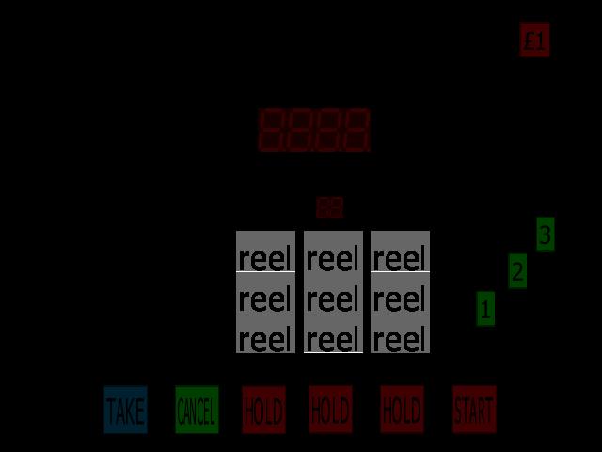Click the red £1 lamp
pyautogui.click(x=534, y=40)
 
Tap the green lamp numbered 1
pyautogui.click(x=485, y=308)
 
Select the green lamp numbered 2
pyautogui.click(x=517, y=271)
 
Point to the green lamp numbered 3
pyautogui.click(x=546, y=234)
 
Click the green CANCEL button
pyautogui.click(x=197, y=411)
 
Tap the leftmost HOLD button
pyautogui.click(x=263, y=411)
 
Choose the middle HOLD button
pyautogui.click(x=330, y=411)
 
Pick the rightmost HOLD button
pyautogui.click(x=402, y=411)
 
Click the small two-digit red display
pyautogui.click(x=330, y=208)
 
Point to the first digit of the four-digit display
pyautogui.click(x=274, y=130)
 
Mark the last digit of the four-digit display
pyautogui.click(x=356, y=130)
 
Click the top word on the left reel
pyautogui.click(x=265, y=258)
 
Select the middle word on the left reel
pyautogui.click(x=265, y=299)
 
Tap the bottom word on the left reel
pyautogui.click(x=265, y=339)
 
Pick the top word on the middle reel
pyautogui.click(x=333, y=258)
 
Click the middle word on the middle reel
pyautogui.click(x=333, y=299)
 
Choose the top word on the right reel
pyautogui.click(x=400, y=258)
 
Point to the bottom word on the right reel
pyautogui.click(x=400, y=339)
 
